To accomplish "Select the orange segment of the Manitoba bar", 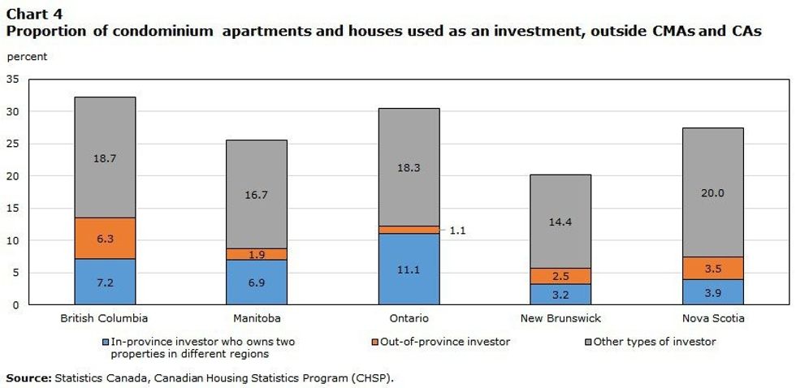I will point(256,254).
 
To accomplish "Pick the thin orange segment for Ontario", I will point(409,230).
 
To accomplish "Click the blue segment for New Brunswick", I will point(560,294).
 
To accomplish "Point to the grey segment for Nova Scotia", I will point(712,192).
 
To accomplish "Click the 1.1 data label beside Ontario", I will point(457,231).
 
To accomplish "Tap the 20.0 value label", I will point(712,193).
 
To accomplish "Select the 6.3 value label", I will point(105,239).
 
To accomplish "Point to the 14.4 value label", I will point(560,221).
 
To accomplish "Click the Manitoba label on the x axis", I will point(256,318).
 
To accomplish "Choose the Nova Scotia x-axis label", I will point(712,318).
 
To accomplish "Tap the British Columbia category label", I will point(105,318).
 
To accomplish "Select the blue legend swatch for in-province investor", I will point(106,343).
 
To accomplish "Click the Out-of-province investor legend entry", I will point(460,342).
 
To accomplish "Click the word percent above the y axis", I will point(27,57).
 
